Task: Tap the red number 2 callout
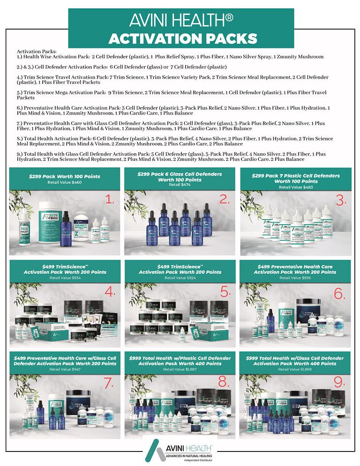point(225,200)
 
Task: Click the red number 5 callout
point(226,292)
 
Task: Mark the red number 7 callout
point(109,383)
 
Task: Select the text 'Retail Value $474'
point(180,185)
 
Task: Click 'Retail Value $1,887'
point(180,369)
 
